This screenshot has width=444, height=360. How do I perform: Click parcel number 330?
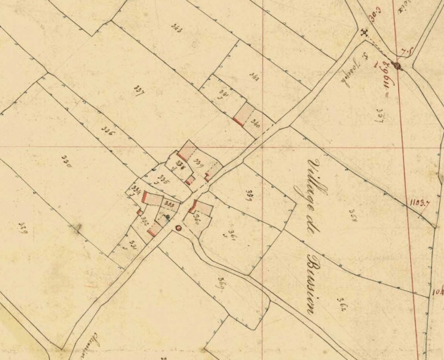[x=68, y=159]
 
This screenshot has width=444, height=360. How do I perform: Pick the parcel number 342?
[x=254, y=77]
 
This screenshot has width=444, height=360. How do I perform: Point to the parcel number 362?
[x=343, y=303]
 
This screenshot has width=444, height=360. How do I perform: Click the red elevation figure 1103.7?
[x=419, y=202]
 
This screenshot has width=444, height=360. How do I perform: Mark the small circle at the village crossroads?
[x=178, y=228]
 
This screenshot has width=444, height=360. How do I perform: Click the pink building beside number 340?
[x=241, y=114]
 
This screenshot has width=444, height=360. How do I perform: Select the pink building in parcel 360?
[x=194, y=207]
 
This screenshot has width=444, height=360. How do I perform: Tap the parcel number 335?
[x=163, y=176]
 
